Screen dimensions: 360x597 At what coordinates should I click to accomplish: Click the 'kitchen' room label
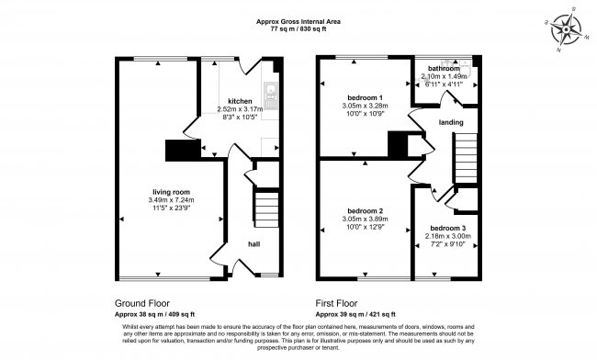click(x=240, y=101)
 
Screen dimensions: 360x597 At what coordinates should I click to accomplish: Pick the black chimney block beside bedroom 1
click(x=397, y=144)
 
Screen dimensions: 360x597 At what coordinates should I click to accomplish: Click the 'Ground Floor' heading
click(x=141, y=302)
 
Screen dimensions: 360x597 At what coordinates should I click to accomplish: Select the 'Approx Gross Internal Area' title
click(x=298, y=19)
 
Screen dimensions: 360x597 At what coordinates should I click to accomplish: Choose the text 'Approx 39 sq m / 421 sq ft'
click(x=361, y=312)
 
